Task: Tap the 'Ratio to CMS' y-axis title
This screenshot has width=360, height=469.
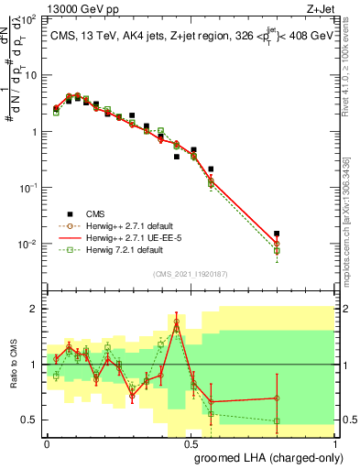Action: point(13,365)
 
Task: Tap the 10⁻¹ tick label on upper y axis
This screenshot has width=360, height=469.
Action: point(28,188)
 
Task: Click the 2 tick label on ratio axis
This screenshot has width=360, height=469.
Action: point(35,309)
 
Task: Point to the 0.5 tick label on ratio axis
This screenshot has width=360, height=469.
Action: point(30,420)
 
